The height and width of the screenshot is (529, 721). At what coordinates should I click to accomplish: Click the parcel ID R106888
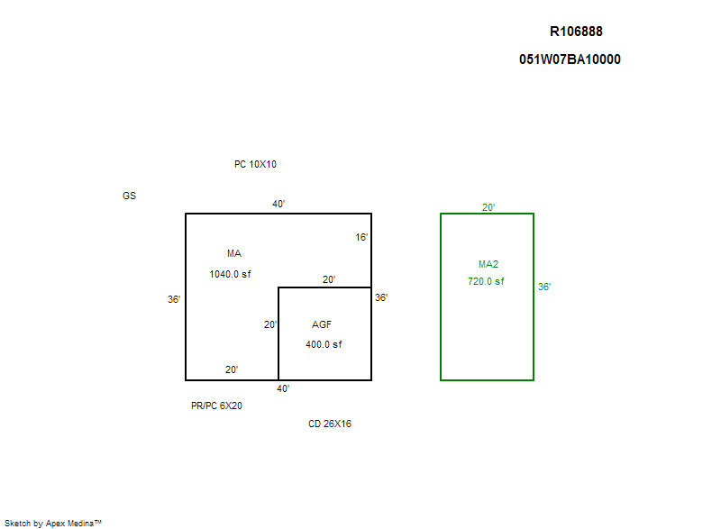[576, 32]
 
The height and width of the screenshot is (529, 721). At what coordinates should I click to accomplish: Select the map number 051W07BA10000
[570, 59]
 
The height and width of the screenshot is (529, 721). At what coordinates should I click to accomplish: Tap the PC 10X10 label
[255, 164]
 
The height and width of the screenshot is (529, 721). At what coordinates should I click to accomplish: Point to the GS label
[129, 196]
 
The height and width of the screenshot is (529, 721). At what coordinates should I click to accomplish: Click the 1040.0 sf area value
[230, 274]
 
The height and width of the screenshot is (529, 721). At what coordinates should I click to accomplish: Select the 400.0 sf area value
[324, 344]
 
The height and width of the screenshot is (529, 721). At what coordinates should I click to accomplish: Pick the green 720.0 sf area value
[486, 281]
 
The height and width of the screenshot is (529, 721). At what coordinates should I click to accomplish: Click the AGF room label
[322, 324]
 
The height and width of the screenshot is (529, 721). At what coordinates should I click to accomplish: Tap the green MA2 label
[488, 264]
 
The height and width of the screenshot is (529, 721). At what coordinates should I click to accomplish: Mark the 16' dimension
[361, 237]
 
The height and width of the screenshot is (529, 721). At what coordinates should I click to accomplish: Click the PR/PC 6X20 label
[216, 406]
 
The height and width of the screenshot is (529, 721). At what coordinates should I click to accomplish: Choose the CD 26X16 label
[330, 424]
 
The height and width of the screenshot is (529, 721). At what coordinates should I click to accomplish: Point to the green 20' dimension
[488, 207]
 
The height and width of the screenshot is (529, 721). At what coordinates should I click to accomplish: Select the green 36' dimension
[544, 287]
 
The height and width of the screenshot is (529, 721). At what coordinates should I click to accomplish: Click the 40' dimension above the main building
[278, 204]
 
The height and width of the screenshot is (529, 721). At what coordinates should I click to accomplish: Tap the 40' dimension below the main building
[283, 388]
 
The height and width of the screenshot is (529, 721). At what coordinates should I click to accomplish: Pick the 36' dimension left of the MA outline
[174, 299]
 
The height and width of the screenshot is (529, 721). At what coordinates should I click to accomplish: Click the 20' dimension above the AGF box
[329, 279]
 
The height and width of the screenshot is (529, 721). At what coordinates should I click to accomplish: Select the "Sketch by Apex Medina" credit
[53, 523]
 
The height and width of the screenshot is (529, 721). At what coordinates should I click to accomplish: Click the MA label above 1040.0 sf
[234, 253]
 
